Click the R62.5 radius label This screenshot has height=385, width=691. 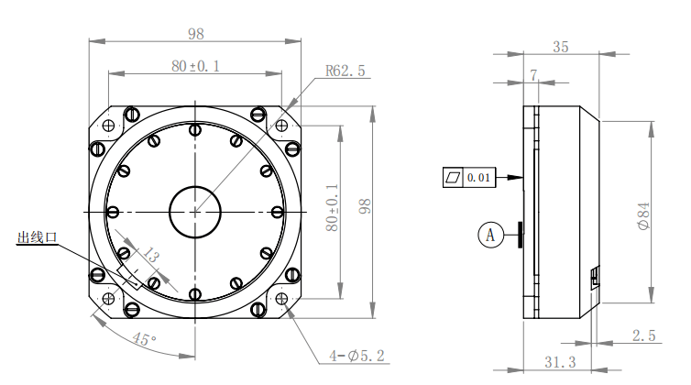345,71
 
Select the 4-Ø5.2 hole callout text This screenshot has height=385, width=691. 357,356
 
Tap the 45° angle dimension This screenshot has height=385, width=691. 144,339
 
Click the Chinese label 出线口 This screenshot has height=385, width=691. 37,237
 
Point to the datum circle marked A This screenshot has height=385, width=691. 490,235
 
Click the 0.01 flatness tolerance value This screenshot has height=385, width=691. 478,177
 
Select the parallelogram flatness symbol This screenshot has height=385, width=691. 453,177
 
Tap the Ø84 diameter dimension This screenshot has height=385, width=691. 644,215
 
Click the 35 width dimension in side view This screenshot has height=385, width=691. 561,47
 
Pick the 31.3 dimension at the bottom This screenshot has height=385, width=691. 560,362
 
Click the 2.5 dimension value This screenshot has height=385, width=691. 644,335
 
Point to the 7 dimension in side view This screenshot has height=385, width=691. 533,75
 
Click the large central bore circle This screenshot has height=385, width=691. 195,212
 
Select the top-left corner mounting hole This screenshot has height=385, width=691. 108,126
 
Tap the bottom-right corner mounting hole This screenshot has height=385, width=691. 281,299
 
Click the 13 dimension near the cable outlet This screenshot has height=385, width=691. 149,255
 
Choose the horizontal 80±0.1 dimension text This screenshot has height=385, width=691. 195,66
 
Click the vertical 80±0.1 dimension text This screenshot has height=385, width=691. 333,207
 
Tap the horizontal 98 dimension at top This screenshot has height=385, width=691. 196,34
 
